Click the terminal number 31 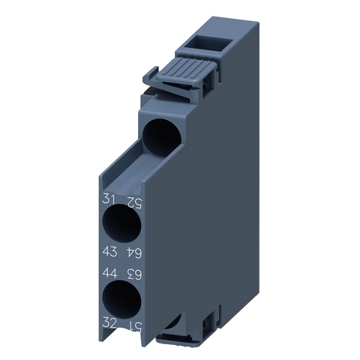pyautogui.click(x=109, y=199)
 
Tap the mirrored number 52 pyautogui.click(x=134, y=202)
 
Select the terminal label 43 pyautogui.click(x=109, y=250)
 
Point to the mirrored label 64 pyautogui.click(x=134, y=253)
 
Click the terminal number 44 pyautogui.click(x=109, y=273)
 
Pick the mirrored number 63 pyautogui.click(x=134, y=274)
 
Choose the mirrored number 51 pyautogui.click(x=135, y=326)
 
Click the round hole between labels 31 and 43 pyautogui.click(x=121, y=223)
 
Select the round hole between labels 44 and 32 pyautogui.click(x=121, y=299)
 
